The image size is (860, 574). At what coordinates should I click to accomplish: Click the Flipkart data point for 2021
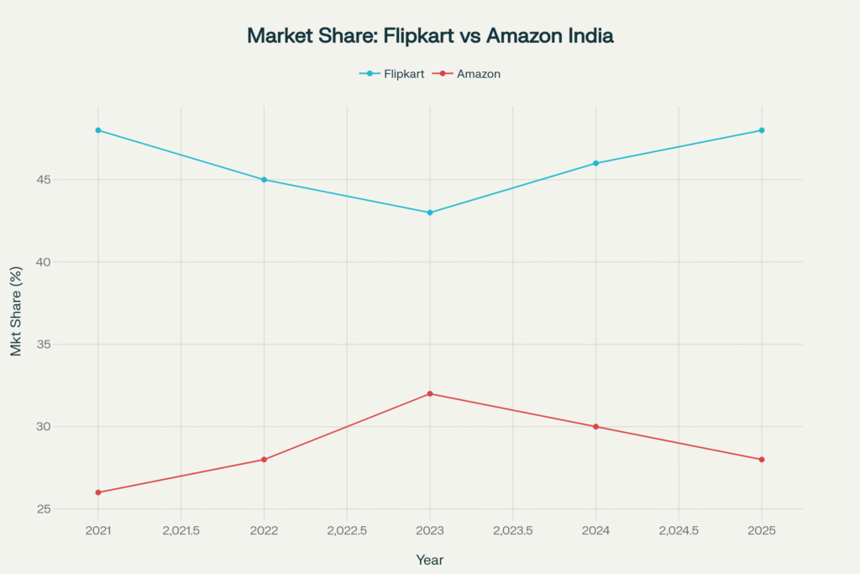click(98, 130)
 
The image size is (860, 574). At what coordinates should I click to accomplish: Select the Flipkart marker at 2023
click(430, 213)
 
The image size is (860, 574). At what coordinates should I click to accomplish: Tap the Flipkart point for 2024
click(596, 163)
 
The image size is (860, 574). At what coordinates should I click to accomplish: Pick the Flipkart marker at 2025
click(762, 130)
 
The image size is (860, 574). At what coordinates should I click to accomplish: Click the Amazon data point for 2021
click(98, 492)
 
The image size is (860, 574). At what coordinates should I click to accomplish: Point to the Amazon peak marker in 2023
click(430, 393)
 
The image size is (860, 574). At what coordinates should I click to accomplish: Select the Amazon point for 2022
click(264, 460)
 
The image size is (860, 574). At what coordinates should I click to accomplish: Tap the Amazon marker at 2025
click(762, 460)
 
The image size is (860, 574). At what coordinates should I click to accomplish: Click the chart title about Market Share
click(430, 36)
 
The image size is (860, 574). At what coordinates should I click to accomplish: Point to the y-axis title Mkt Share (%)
click(17, 312)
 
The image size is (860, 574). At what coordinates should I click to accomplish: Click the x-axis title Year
click(430, 560)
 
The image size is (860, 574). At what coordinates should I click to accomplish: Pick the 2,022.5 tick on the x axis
click(347, 531)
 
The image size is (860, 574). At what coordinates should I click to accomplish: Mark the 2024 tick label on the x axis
click(596, 531)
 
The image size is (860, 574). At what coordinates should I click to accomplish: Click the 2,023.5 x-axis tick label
click(512, 531)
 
